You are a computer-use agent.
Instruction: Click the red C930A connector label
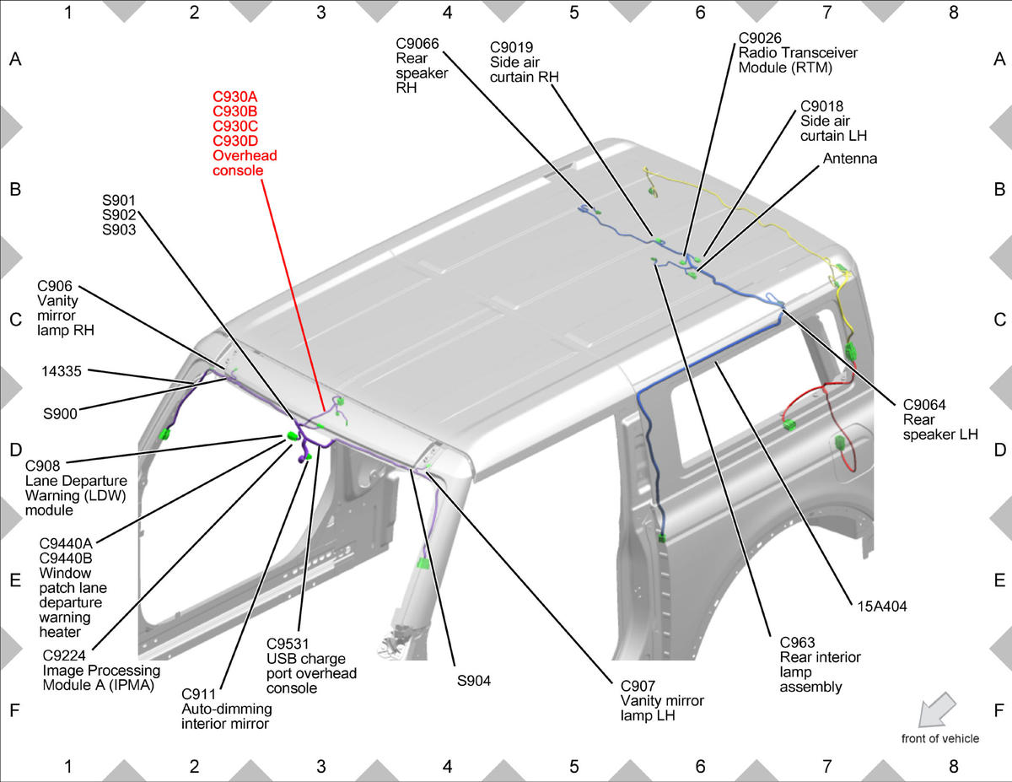click(x=234, y=97)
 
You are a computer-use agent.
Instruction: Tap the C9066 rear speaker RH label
click(x=422, y=66)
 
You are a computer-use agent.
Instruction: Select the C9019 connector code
click(x=511, y=47)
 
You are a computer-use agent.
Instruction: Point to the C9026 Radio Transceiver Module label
click(x=798, y=52)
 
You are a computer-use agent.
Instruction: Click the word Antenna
click(x=849, y=159)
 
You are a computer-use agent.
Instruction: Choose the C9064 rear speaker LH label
click(x=939, y=419)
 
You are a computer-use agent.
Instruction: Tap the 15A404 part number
click(x=882, y=607)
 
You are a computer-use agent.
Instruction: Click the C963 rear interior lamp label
click(x=820, y=665)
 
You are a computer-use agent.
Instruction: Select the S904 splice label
click(x=474, y=681)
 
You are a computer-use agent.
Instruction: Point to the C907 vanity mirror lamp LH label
click(x=662, y=700)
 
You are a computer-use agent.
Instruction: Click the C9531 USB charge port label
click(x=311, y=666)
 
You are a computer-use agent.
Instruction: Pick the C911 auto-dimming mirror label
click(x=226, y=709)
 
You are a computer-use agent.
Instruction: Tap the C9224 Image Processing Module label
click(x=101, y=670)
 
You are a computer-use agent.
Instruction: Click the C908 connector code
click(x=42, y=466)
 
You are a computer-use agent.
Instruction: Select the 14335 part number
click(x=61, y=371)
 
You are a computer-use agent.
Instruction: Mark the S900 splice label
click(x=60, y=414)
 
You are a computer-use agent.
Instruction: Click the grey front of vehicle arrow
click(x=937, y=709)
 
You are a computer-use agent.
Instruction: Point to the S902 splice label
click(x=119, y=215)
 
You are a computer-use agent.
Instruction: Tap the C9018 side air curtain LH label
click(x=833, y=121)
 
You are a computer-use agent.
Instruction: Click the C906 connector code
click(x=55, y=286)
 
